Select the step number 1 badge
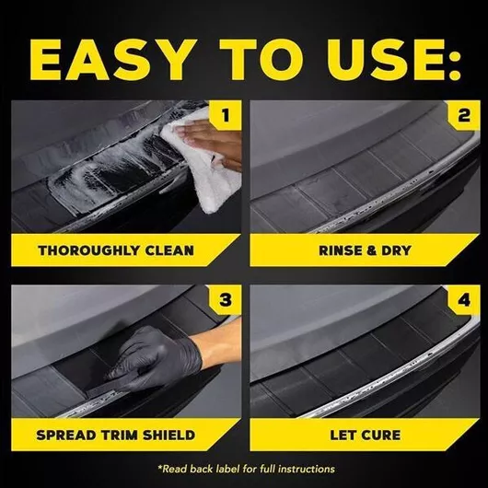(x=225, y=115)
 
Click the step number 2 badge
(x=464, y=115)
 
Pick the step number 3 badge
(x=225, y=300)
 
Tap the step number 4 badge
(x=464, y=300)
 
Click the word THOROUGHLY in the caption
(x=87, y=250)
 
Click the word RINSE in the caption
(x=338, y=250)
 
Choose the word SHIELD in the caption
(x=171, y=435)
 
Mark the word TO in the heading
(x=261, y=60)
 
